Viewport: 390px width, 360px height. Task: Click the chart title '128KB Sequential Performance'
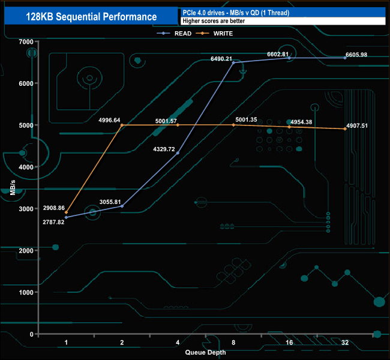coord(91,17)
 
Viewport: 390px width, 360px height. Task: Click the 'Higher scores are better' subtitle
coord(213,21)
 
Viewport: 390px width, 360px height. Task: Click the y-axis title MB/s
coord(13,187)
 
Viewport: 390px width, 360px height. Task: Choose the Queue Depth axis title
coord(205,352)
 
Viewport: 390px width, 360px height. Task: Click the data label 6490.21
coord(225,59)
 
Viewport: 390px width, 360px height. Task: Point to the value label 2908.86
coord(46,208)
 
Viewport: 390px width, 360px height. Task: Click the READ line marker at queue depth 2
coord(122,206)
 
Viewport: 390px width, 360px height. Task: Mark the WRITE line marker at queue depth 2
coord(122,125)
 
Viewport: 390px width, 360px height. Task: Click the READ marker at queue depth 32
coord(345,58)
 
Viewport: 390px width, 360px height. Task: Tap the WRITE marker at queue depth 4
coord(178,125)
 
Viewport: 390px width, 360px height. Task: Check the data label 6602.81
coord(278,54)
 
